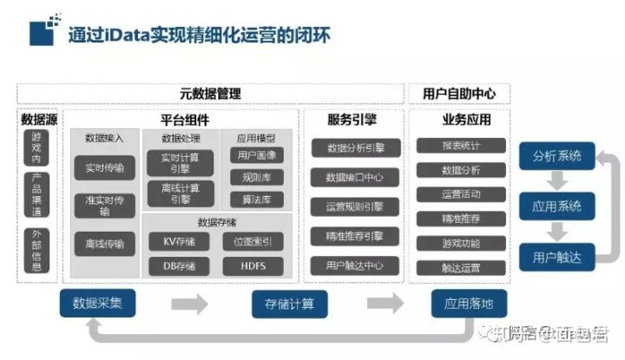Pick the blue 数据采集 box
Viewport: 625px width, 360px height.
point(97,304)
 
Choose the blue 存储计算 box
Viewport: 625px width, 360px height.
point(283,304)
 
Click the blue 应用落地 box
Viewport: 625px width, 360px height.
point(468,304)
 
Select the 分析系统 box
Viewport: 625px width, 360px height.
point(557,157)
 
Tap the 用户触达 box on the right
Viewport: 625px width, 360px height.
point(557,257)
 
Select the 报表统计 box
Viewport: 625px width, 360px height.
point(461,146)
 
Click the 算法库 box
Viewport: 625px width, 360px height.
point(255,200)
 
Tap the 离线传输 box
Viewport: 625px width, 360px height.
point(103,245)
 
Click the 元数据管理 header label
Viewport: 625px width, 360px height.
point(210,93)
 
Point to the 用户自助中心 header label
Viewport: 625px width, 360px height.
point(457,93)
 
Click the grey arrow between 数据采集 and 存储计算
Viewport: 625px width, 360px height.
point(189,304)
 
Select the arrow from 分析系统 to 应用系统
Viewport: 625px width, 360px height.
point(557,181)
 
